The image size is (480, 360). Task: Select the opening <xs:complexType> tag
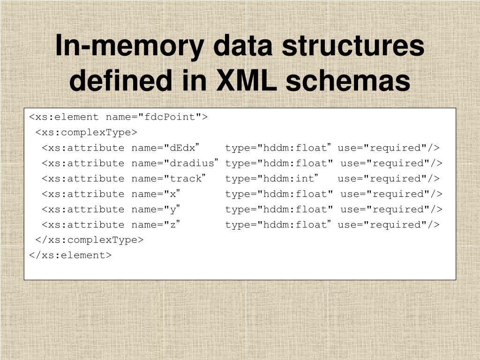86,133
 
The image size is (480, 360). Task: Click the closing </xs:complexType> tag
90,240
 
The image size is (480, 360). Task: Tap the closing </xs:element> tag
70,255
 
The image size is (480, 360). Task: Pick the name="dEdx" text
166,148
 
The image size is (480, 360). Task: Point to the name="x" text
156,194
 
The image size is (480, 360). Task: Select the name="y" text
156,210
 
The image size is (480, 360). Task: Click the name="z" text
156,225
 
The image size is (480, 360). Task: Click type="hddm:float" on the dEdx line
278,148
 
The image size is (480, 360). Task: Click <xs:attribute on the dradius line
83,164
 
